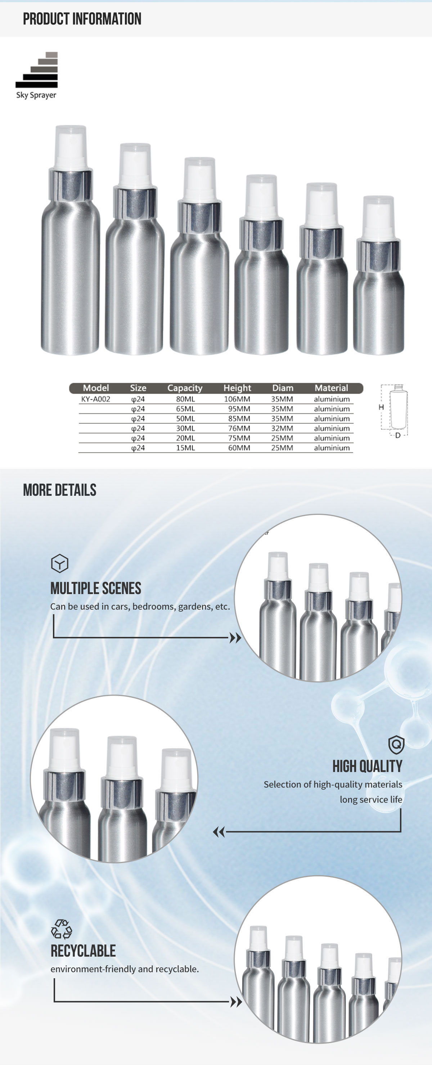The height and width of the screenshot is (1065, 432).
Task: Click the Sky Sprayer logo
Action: [x=36, y=76]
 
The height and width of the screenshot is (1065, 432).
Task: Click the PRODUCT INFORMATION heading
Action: [x=82, y=19]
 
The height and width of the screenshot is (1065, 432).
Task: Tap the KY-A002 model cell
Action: [x=95, y=399]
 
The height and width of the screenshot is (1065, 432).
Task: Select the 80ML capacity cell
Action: [x=185, y=399]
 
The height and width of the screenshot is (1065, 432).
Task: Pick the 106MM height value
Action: [x=237, y=399]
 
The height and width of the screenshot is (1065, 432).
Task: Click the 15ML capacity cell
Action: [x=185, y=448]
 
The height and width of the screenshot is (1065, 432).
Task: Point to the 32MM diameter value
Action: [x=282, y=428]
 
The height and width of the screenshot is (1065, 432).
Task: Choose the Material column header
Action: [x=331, y=388]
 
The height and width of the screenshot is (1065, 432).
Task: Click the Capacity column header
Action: [x=185, y=388]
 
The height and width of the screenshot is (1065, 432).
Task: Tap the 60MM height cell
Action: [x=239, y=448]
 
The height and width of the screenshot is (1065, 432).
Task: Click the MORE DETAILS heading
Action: [x=59, y=490]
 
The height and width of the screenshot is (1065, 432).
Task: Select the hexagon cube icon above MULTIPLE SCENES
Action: [x=59, y=563]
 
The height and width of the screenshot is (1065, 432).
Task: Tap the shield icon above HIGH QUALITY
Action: [x=396, y=745]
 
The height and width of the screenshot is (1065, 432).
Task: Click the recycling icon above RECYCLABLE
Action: [x=61, y=929]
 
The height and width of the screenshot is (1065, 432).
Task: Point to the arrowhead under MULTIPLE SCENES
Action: [x=235, y=638]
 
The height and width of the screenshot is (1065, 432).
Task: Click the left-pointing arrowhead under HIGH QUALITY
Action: [x=219, y=831]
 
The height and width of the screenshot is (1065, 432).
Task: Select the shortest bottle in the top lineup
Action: [x=378, y=276]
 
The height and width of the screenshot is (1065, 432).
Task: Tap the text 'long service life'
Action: [x=371, y=799]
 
